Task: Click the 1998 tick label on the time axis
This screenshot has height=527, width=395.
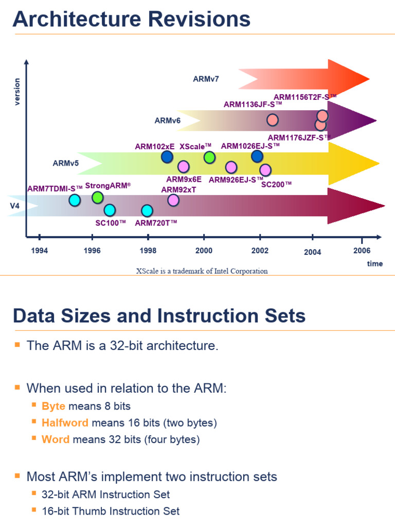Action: (148, 251)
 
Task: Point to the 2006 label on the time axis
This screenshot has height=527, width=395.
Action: (362, 251)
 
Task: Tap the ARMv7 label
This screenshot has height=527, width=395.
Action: (206, 79)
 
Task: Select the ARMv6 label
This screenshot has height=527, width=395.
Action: (168, 121)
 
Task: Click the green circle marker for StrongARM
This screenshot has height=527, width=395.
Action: (98, 198)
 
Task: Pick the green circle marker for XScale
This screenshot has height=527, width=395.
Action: (209, 157)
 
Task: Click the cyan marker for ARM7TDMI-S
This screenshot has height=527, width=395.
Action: (75, 200)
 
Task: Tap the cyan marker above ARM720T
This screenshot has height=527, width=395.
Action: (147, 210)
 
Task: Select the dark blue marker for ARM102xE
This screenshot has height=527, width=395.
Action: (167, 157)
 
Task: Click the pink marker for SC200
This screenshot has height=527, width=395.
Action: (265, 170)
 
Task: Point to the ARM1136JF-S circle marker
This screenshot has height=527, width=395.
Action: (273, 120)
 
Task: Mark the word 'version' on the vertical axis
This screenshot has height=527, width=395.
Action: (17, 91)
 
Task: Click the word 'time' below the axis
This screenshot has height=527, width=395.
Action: (375, 263)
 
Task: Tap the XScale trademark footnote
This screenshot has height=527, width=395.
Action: (202, 271)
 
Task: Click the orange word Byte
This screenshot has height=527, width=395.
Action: (53, 406)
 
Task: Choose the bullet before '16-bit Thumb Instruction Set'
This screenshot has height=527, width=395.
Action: (34, 510)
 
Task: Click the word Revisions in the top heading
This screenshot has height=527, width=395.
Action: (199, 20)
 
